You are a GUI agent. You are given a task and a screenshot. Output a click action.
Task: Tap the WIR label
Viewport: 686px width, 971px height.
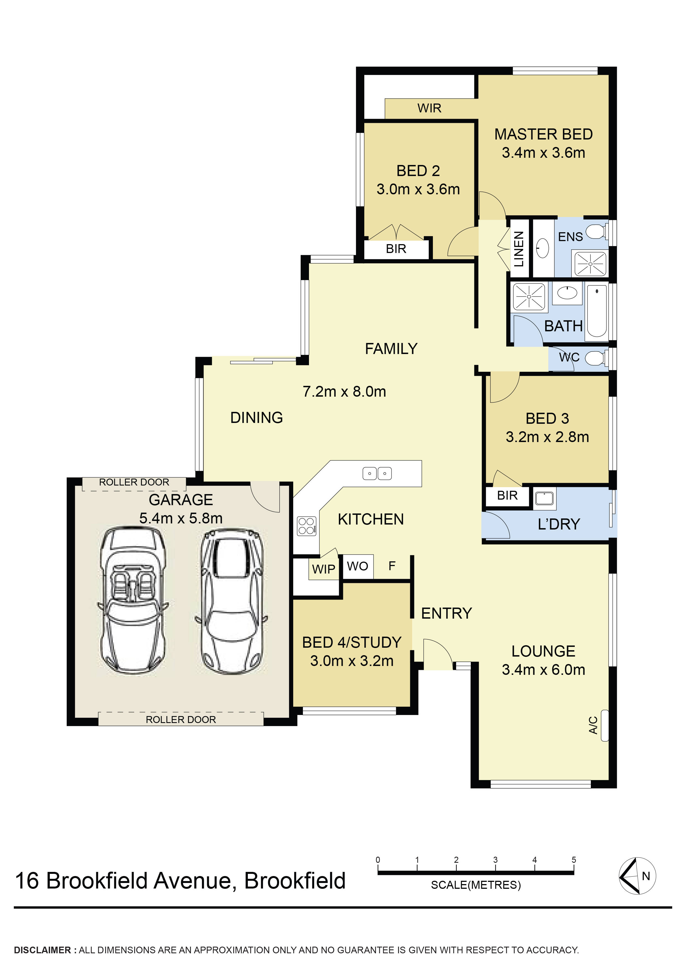point(429,108)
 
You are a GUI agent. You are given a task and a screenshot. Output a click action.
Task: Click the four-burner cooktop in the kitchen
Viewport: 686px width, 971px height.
point(306,526)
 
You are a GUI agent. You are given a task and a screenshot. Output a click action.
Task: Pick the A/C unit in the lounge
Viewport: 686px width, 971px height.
point(604,725)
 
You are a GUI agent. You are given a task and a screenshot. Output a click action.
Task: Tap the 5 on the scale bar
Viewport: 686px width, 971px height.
point(574,860)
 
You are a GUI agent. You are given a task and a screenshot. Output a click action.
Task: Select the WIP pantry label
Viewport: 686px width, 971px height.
point(323,569)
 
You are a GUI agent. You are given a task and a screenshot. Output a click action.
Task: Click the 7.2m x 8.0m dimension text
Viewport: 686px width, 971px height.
point(344,392)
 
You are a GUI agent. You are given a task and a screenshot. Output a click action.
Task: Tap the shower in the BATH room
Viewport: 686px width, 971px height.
point(529,296)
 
